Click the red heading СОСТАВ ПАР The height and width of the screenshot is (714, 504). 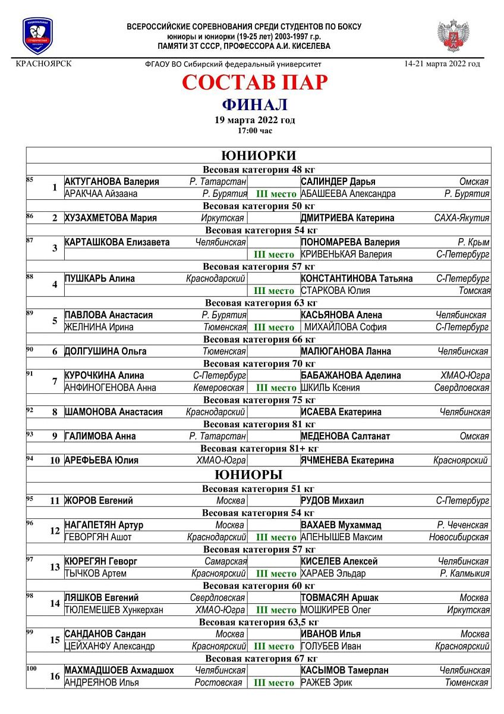[254, 82]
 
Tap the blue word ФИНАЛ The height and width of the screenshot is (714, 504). [254, 105]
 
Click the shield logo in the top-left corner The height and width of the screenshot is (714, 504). [38, 36]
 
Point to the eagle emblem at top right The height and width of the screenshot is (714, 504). [453, 36]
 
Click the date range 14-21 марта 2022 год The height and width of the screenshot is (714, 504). [442, 64]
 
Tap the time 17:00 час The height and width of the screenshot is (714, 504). [254, 130]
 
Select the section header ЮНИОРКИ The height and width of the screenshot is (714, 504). [259, 155]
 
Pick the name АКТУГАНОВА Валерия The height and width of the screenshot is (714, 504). [112, 181]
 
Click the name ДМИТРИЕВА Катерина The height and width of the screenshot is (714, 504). [347, 218]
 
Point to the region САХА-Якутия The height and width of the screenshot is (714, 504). [462, 218]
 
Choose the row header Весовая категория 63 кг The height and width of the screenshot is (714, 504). [259, 303]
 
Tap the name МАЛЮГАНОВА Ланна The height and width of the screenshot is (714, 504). [345, 351]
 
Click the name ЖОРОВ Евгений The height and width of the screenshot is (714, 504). [99, 500]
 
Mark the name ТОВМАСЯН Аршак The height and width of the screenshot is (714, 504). [339, 597]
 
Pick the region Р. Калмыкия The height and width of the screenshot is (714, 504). [465, 574]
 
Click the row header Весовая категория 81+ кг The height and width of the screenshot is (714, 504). [259, 448]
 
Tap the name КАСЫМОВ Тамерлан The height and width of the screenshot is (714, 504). [345, 670]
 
